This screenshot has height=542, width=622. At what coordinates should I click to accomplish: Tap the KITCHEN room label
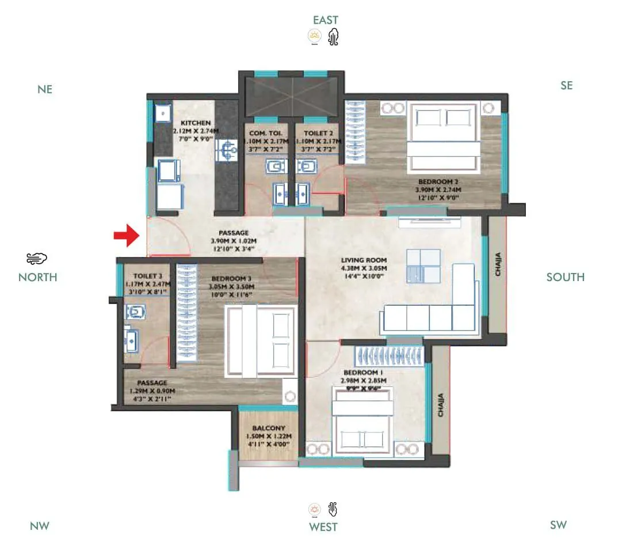(x=196, y=123)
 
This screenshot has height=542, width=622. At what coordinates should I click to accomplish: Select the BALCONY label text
(x=269, y=428)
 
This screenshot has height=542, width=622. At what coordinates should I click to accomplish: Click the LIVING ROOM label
(x=363, y=260)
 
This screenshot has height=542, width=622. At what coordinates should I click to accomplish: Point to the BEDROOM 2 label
(x=438, y=181)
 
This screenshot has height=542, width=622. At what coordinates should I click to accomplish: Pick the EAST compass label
(x=326, y=20)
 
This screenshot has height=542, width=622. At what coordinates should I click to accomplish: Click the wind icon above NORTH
(x=37, y=258)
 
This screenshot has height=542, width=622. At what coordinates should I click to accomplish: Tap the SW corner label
(x=558, y=524)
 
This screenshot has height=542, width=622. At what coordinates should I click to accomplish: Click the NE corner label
(x=45, y=89)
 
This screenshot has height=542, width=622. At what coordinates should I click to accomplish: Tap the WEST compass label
(x=323, y=526)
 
